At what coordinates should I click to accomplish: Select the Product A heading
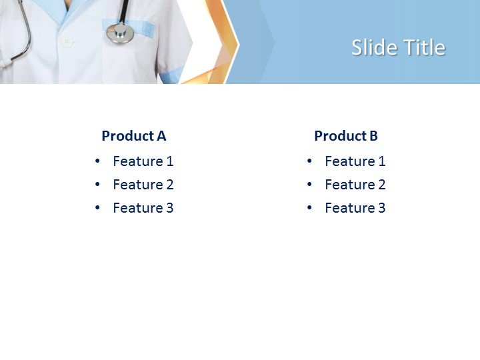coord(133,136)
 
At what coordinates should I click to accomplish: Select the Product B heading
coord(345,136)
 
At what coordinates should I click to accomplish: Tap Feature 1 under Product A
coord(143,161)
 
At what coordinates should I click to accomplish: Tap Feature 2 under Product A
coord(143,185)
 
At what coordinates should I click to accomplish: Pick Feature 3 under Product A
coord(143,208)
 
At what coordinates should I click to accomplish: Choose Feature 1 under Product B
coord(355,161)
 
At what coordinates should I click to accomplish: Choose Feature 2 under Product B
coord(355,185)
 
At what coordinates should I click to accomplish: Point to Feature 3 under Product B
coord(355,208)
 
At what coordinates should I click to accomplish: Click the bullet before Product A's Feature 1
coord(98,161)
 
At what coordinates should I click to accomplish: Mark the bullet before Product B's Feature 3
coord(309,208)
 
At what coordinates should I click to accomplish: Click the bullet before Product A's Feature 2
coord(98,185)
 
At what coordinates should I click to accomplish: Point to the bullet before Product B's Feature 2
coord(309,185)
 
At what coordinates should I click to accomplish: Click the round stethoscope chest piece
coord(120,33)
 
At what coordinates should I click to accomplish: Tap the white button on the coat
coord(66,41)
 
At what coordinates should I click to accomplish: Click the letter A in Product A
coord(161,136)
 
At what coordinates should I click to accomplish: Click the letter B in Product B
coord(373,136)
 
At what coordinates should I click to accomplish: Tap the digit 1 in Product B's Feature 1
coord(382,161)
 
